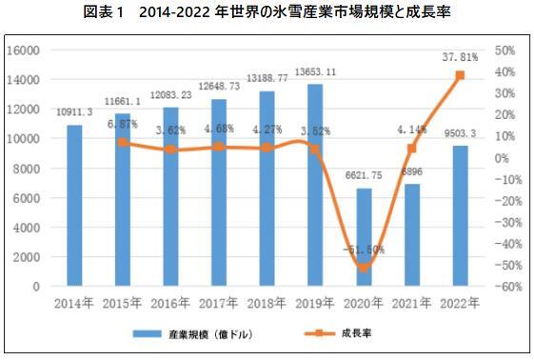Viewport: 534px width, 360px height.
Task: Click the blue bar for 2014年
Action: pyautogui.click(x=73, y=205)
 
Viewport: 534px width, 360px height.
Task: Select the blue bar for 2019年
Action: pyautogui.click(x=314, y=185)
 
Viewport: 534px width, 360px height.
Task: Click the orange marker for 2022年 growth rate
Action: pyautogui.click(x=460, y=75)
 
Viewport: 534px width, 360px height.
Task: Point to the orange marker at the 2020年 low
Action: pyautogui.click(x=363, y=268)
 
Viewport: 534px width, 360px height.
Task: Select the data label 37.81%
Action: pyautogui.click(x=460, y=57)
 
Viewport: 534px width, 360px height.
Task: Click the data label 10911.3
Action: pyautogui.click(x=74, y=114)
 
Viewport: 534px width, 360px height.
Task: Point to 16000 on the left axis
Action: pyautogui.click(x=23, y=50)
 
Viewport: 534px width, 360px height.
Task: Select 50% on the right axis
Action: pyautogui.click(x=505, y=50)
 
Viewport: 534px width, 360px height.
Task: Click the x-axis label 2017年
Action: pyautogui.click(x=218, y=304)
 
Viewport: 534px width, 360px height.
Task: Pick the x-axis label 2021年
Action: pyautogui.click(x=411, y=304)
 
